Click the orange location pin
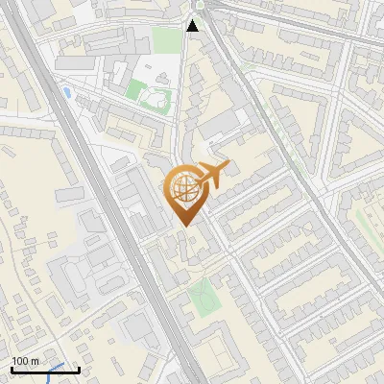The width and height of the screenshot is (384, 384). click(183, 192)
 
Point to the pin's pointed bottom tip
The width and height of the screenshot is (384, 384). click(184, 225)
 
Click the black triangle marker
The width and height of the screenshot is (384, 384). click(193, 26)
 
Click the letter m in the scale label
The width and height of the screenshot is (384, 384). click(36, 361)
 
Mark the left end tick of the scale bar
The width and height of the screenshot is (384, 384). click(11, 369)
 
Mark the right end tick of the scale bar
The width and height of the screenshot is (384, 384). click(78, 369)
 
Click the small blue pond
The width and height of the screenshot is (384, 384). click(65, 92)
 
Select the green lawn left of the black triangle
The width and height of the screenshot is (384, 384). click(166, 41)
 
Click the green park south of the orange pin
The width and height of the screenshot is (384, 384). click(203, 298)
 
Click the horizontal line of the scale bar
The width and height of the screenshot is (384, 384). click(44, 371)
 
